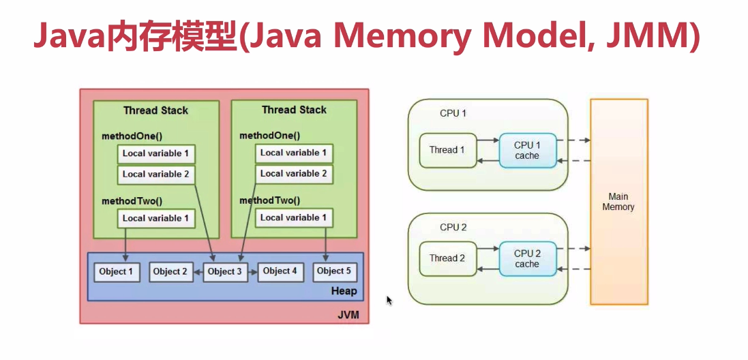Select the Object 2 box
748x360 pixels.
click(170, 272)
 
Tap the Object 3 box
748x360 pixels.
click(225, 272)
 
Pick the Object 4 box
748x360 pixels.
click(280, 271)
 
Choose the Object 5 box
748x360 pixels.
click(334, 271)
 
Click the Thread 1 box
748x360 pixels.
click(447, 150)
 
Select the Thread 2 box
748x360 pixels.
click(447, 258)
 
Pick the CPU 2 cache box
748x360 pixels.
click(527, 258)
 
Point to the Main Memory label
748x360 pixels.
click(618, 202)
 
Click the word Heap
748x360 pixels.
click(344, 291)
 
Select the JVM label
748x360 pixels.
click(348, 315)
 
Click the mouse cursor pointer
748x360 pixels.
click(389, 300)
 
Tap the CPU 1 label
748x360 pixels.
click(453, 113)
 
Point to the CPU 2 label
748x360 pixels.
click(453, 227)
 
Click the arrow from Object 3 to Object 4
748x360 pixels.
click(251, 272)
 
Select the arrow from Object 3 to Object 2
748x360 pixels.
click(198, 272)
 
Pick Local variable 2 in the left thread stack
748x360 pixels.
click(155, 175)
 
